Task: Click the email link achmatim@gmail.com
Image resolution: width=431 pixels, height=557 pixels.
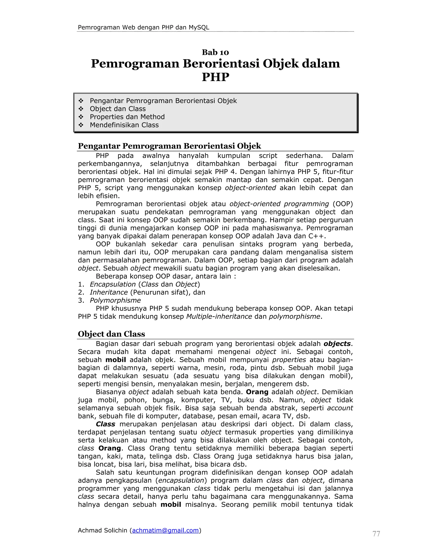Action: (x=165, y=530)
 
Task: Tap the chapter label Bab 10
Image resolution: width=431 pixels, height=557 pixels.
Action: (x=215, y=52)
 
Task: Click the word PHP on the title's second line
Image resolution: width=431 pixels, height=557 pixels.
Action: (x=215, y=77)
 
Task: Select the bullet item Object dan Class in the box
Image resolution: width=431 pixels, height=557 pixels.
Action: (x=117, y=109)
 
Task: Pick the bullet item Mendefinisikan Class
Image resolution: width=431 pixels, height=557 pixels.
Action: (x=124, y=125)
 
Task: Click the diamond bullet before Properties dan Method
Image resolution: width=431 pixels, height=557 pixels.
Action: (x=81, y=117)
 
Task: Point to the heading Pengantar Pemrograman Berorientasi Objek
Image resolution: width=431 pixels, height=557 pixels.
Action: (x=169, y=146)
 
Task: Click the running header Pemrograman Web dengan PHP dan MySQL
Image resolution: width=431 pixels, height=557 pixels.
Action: (x=143, y=27)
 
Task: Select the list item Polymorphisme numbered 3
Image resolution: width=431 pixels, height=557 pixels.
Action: (x=115, y=300)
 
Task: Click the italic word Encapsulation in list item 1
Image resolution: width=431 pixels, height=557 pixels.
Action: (x=113, y=284)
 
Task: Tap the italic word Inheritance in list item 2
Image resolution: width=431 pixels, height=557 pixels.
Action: (x=109, y=292)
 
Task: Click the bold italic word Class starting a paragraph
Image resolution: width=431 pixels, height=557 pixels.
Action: (x=105, y=424)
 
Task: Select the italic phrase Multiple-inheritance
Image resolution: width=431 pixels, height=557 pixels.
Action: (x=219, y=317)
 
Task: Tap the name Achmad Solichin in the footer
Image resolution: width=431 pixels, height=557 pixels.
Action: (x=102, y=530)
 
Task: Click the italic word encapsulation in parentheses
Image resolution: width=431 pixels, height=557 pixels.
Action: (x=181, y=480)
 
